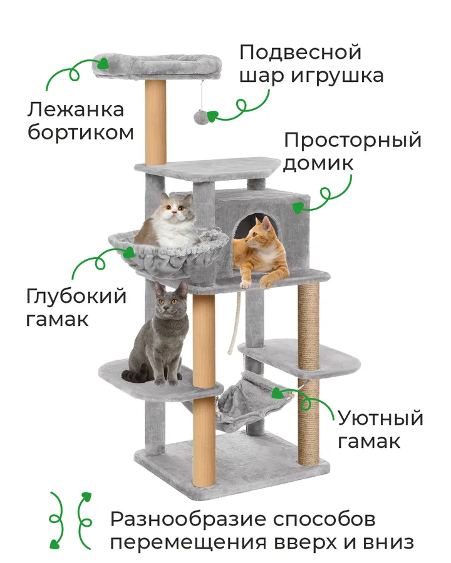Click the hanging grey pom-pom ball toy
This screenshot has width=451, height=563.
tap(199, 116)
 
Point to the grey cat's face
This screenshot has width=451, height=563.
tap(169, 301)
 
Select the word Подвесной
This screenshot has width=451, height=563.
tap(300, 53)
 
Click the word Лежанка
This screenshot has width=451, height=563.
tap(76, 110)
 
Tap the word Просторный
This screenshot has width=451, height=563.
tap(353, 140)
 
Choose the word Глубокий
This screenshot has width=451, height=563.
tap(76, 297)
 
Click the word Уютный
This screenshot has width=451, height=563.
tap(380, 418)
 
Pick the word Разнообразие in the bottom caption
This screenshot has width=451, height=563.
tap(189, 520)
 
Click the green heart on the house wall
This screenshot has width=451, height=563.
tap(298, 208)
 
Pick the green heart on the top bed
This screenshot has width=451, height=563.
tap(103, 63)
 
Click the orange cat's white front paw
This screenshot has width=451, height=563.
tap(246, 284)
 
